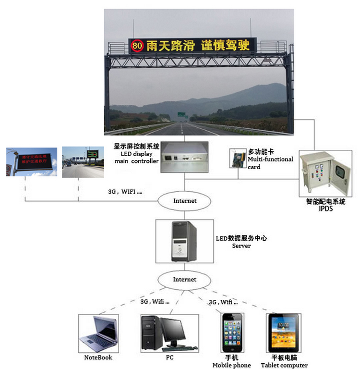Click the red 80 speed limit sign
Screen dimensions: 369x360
click(x=137, y=46)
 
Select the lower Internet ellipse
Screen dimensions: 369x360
click(x=185, y=279)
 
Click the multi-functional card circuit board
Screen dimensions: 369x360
click(x=238, y=159)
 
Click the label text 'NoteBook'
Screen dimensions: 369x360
click(x=98, y=357)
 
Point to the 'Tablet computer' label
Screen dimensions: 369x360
click(x=284, y=366)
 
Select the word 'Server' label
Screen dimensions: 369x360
click(x=241, y=246)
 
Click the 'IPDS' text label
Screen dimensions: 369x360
click(x=325, y=209)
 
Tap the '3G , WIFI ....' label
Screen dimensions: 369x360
click(x=126, y=191)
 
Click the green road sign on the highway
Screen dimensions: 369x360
click(x=182, y=114)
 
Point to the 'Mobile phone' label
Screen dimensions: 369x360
click(x=231, y=366)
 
